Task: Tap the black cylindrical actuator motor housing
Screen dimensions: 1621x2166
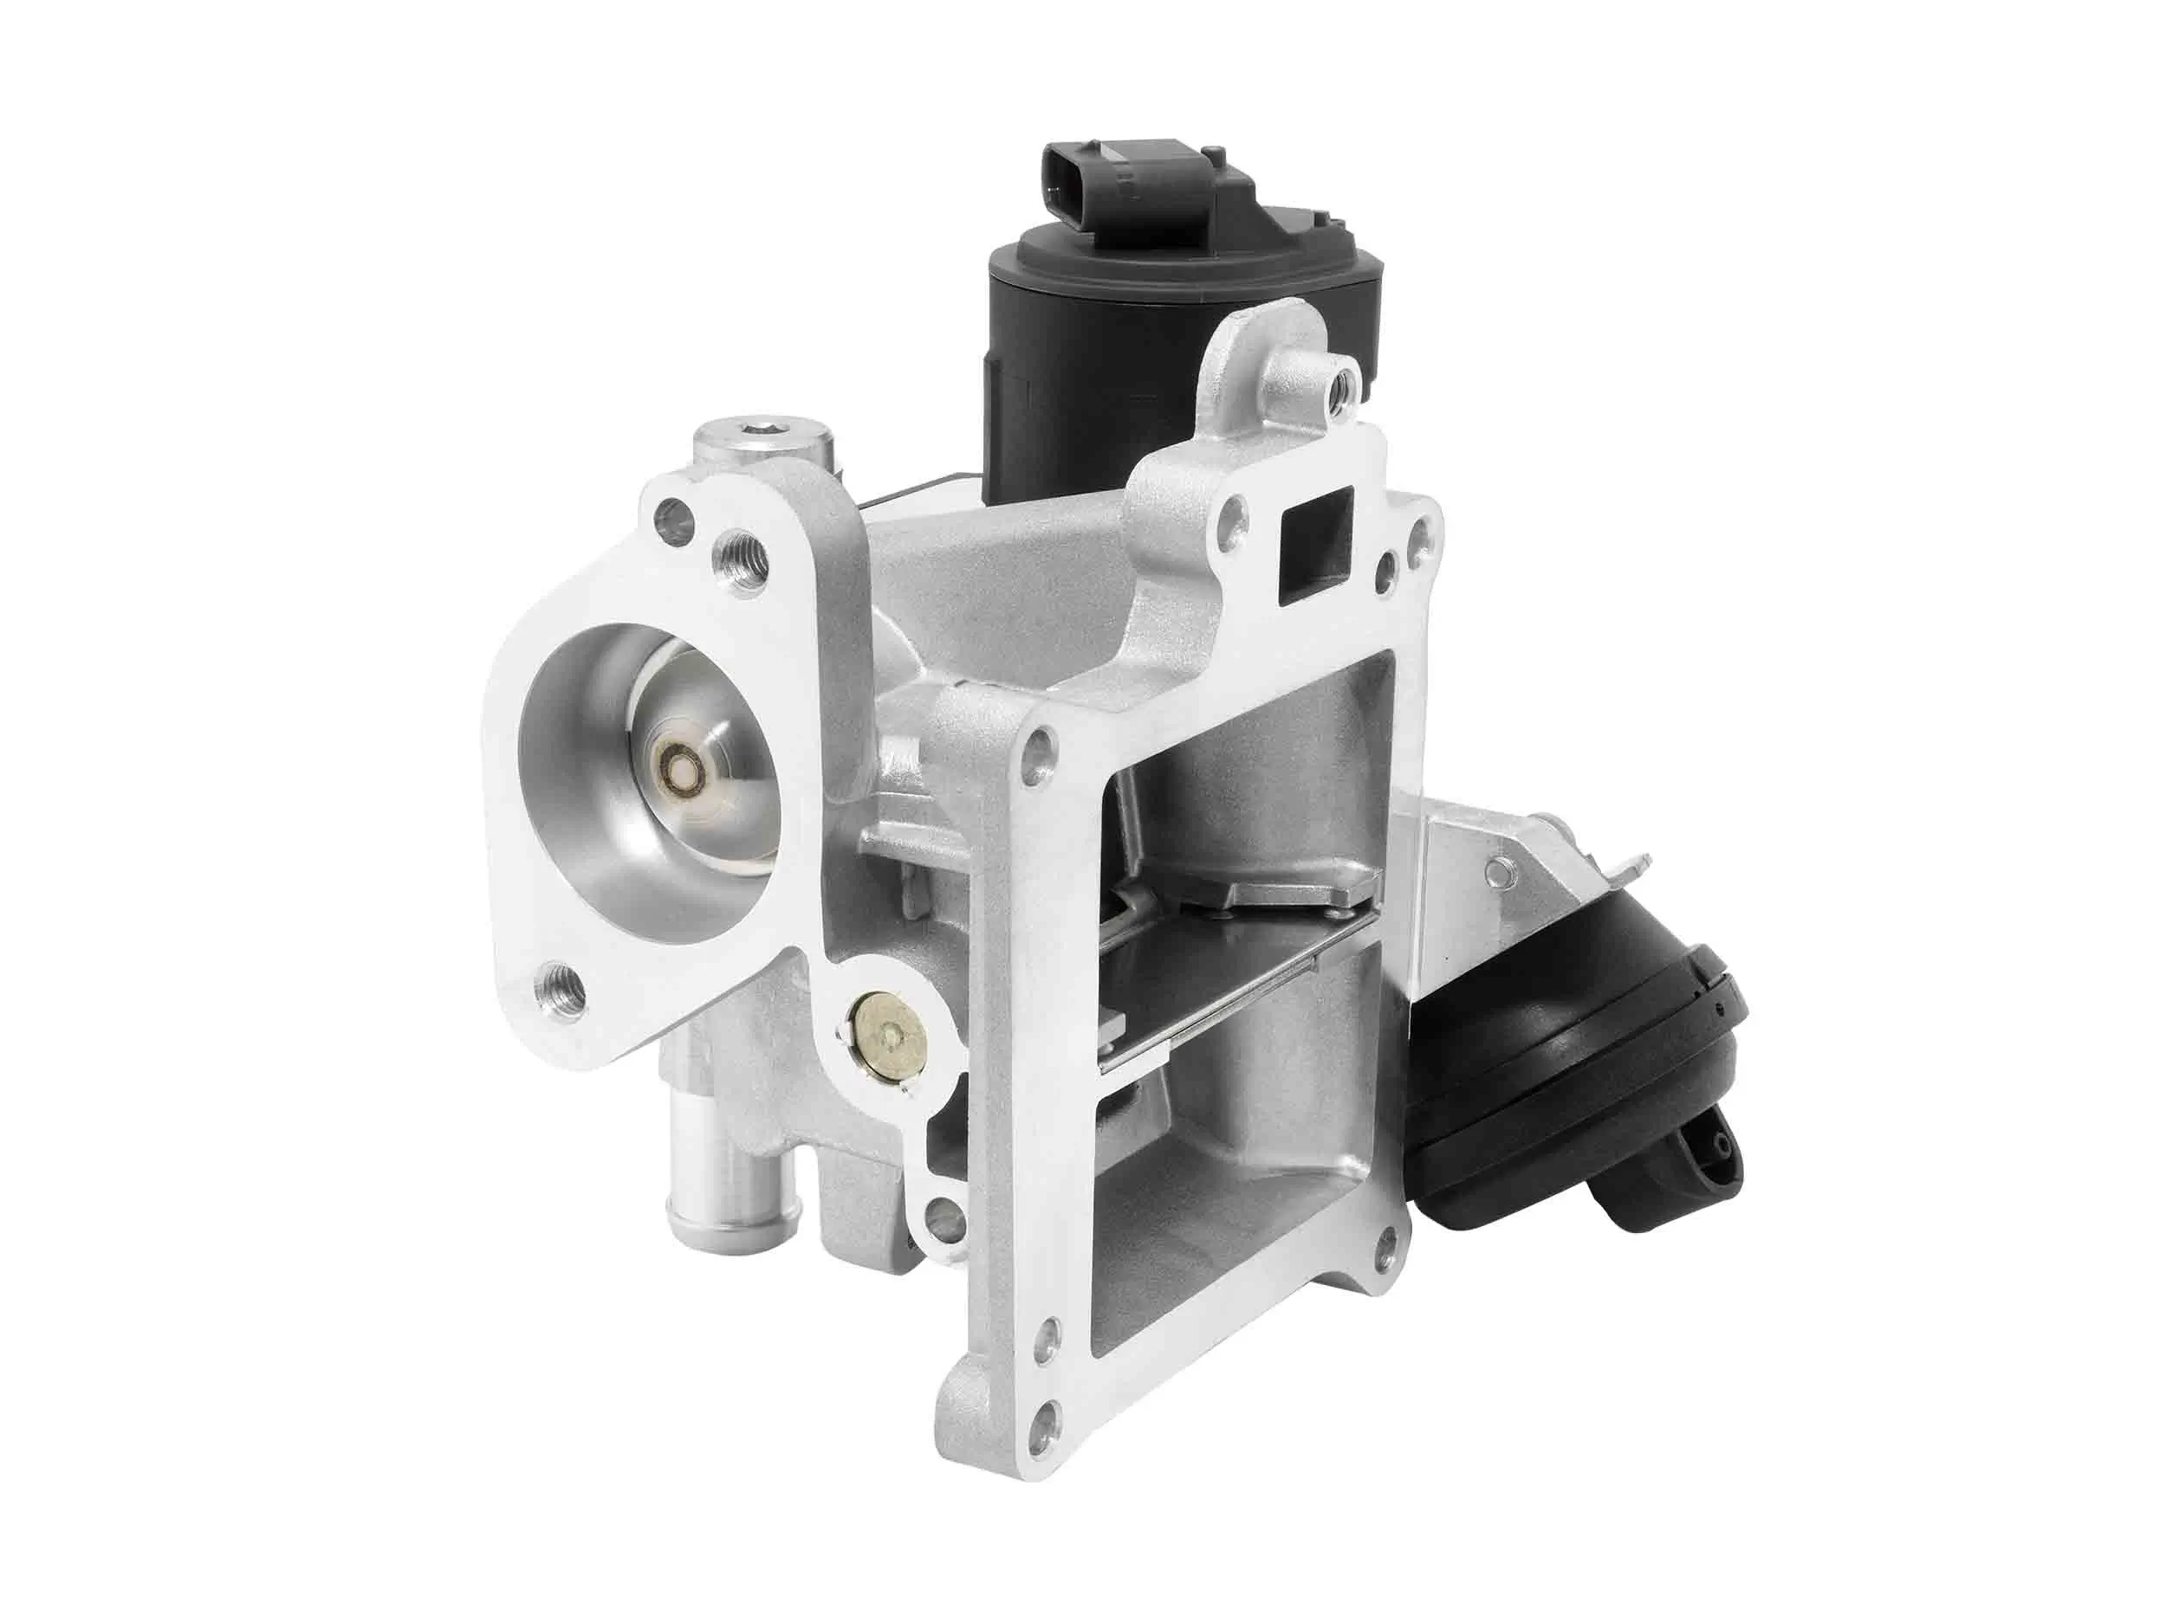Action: [x=1077, y=372]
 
